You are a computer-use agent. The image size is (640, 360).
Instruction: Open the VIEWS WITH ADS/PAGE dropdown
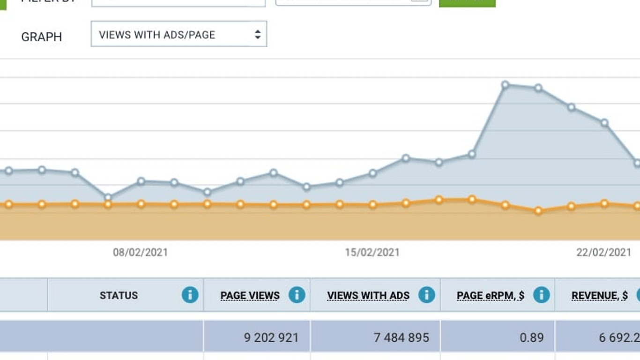(x=179, y=34)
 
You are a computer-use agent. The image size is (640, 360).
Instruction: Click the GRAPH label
(x=41, y=37)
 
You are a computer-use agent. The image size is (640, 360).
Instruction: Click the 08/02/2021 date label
(x=140, y=253)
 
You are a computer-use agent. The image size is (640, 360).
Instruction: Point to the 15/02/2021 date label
(x=372, y=253)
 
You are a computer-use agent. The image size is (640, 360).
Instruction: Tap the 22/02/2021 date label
(x=604, y=253)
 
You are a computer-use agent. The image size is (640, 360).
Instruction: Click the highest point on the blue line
(x=505, y=85)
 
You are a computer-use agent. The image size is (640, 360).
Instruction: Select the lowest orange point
(x=538, y=211)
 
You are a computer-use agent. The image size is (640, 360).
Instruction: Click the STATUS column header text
(x=119, y=296)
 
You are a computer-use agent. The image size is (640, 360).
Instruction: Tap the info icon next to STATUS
(x=190, y=295)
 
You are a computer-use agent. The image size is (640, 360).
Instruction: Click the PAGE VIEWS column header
(x=250, y=296)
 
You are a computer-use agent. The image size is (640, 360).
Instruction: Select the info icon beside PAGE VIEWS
(x=297, y=295)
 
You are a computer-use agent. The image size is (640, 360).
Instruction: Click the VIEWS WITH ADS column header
(x=368, y=296)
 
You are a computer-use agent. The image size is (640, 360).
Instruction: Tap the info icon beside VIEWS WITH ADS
(x=426, y=295)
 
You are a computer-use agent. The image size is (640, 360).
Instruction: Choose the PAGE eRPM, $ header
(x=490, y=296)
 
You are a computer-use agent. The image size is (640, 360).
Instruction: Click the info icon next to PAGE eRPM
(x=541, y=295)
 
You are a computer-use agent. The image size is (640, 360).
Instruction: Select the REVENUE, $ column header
(x=599, y=296)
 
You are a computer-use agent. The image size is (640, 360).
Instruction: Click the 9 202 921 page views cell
(x=271, y=337)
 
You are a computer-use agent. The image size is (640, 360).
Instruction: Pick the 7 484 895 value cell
(x=401, y=337)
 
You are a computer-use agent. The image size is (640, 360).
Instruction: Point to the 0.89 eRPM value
(x=531, y=337)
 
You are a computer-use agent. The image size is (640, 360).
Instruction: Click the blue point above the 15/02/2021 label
(x=372, y=173)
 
